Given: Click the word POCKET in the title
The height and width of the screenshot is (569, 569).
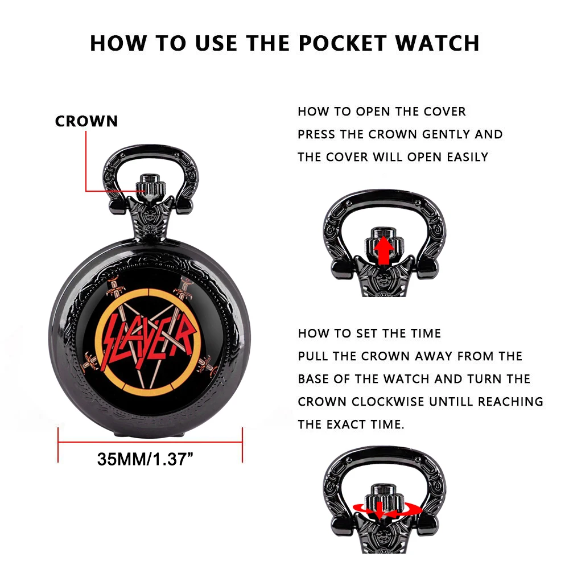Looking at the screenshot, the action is point(342,43).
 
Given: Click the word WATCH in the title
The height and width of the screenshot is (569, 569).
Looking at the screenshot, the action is point(437,43).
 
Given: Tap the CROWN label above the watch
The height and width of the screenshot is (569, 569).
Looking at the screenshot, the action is point(86,121).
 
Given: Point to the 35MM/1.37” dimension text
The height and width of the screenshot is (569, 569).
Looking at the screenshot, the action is point(145,459).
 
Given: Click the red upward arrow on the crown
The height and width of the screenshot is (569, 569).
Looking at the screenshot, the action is point(384,250).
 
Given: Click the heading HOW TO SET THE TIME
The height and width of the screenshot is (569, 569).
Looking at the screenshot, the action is point(369,333).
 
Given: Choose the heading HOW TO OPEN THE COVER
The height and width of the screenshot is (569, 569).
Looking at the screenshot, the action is point(382,112).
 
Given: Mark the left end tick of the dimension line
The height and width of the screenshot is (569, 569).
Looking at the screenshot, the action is point(58,445).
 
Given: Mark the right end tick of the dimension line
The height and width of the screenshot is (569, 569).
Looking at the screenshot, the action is point(242,445).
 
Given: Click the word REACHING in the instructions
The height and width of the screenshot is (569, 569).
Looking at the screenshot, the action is point(510,402).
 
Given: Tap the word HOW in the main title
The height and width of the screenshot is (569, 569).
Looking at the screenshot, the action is point(118,43).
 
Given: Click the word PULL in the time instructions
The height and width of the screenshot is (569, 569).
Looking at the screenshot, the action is point(313,356).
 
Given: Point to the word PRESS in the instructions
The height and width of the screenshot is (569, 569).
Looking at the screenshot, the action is point(316,134).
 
